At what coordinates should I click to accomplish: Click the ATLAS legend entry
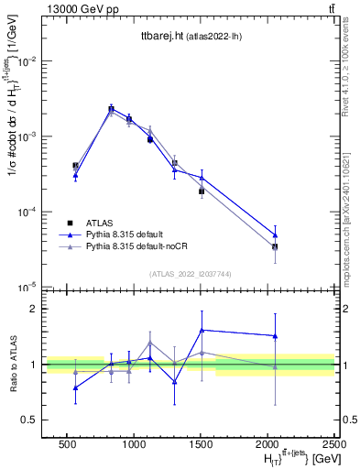[100, 223]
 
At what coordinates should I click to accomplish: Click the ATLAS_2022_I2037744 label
[191, 274]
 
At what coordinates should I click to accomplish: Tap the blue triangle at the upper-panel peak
[111, 108]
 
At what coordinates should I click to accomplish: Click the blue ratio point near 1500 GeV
[202, 330]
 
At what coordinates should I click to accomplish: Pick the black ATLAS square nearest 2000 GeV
[275, 246]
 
